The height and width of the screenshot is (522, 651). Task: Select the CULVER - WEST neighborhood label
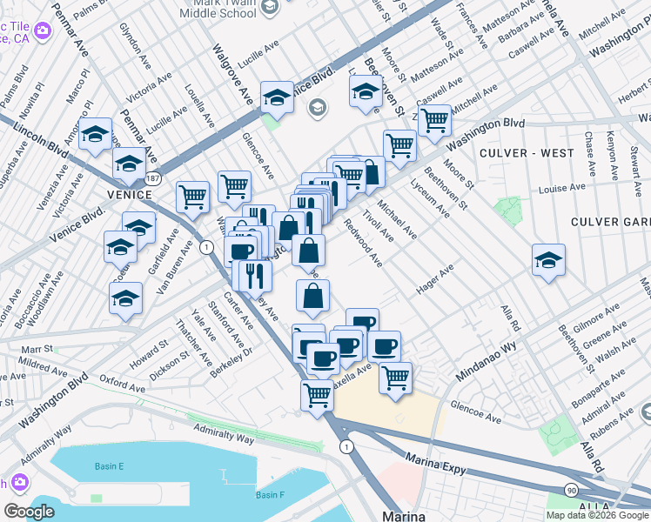coord(527,153)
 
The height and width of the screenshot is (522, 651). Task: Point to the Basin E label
coord(109,467)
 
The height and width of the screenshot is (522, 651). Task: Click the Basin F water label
coord(269,495)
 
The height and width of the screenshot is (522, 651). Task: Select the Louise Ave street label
coord(561,188)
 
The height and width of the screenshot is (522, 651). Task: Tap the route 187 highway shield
coord(153,177)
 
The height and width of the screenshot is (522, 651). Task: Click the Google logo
coord(29,512)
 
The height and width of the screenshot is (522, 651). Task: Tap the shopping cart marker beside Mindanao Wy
coord(396,378)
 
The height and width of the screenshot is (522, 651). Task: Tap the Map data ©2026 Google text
coord(597,515)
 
